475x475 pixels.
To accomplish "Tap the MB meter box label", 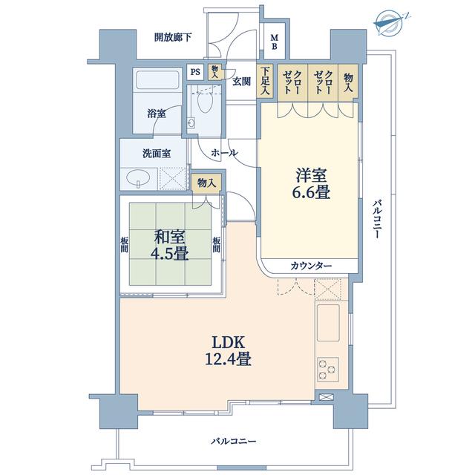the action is click(x=274, y=42).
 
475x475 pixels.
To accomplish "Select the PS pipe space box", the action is click(x=195, y=72).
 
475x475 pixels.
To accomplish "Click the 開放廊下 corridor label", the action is click(x=173, y=37).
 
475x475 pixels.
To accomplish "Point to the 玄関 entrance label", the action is click(x=241, y=82).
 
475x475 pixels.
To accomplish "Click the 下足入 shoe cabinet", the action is click(x=266, y=81).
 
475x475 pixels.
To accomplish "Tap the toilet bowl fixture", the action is click(x=205, y=102).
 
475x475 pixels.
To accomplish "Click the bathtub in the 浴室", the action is click(x=157, y=79).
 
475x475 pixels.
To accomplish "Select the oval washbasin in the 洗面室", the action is click(x=139, y=177).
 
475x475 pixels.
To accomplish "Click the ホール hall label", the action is click(x=224, y=153).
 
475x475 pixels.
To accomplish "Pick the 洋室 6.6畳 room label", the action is click(x=311, y=184).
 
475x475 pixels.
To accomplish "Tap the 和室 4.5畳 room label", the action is click(x=170, y=245).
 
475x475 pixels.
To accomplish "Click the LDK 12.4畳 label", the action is click(x=228, y=351).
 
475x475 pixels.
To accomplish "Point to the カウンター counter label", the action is click(x=311, y=266).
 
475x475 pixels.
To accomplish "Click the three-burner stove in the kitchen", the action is click(x=328, y=369).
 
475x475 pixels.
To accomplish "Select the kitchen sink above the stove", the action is click(x=328, y=323).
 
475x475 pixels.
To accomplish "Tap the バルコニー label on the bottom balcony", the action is click(x=234, y=441).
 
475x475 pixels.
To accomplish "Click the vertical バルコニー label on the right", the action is click(x=376, y=219).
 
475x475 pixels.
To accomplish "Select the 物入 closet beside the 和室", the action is click(x=206, y=183).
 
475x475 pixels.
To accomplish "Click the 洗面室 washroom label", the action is click(x=157, y=154).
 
